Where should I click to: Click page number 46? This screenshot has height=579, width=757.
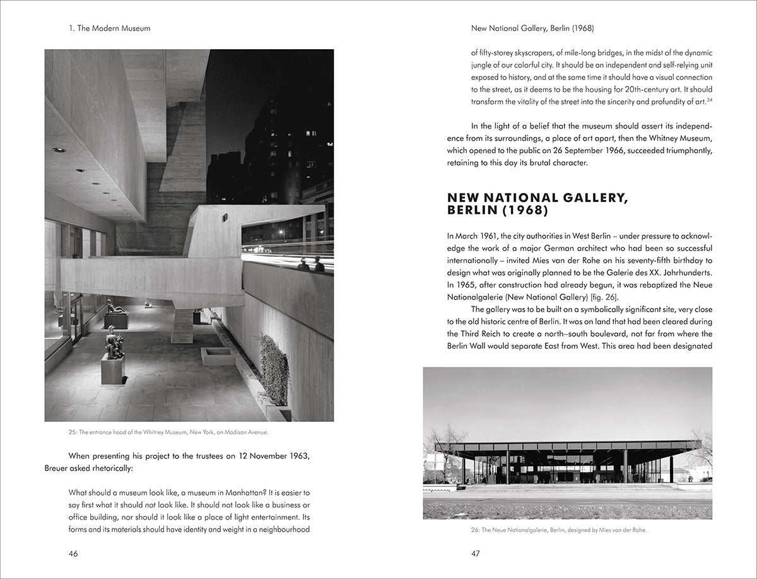coord(73,554)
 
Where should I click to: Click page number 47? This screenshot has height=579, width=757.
coord(476,554)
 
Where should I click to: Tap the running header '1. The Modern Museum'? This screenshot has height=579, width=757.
coord(110,28)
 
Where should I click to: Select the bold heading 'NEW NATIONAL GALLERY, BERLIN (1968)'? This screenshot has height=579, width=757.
coord(537,204)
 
